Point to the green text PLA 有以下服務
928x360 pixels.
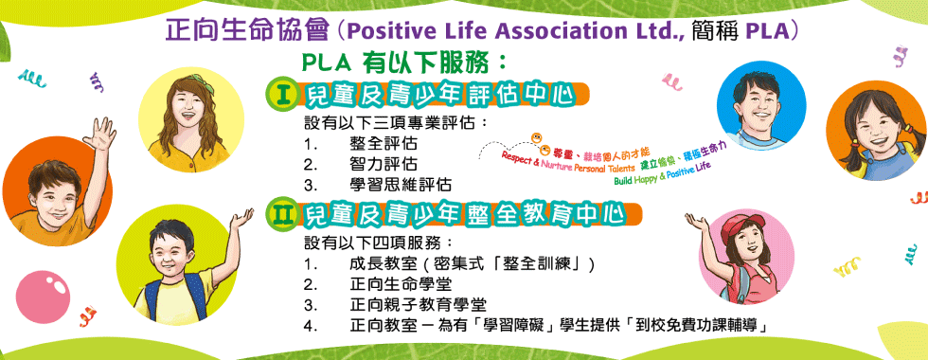click(402, 63)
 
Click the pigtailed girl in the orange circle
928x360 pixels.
click(875, 128)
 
